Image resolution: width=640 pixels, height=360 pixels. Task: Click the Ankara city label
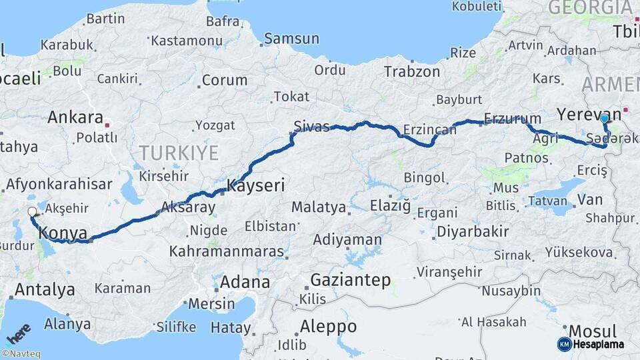pyautogui.click(x=75, y=118)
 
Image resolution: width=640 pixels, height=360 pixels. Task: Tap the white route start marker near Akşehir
pyautogui.click(x=33, y=213)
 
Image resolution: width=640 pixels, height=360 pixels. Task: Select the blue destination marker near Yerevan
pyautogui.click(x=604, y=119)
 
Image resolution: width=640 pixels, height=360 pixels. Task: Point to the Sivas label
pyautogui.click(x=311, y=127)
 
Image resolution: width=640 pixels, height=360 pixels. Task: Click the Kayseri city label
pyautogui.click(x=256, y=185)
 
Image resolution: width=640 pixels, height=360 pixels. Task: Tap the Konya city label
pyautogui.click(x=63, y=233)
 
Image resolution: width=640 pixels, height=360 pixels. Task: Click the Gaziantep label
pyautogui.click(x=351, y=280)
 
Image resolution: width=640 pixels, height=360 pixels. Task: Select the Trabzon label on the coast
pyautogui.click(x=412, y=71)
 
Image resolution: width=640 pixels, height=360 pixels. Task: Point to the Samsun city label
pyautogui.click(x=291, y=39)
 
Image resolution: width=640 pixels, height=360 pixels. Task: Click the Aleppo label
pyautogui.click(x=328, y=327)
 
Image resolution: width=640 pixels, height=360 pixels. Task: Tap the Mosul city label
pyautogui.click(x=592, y=331)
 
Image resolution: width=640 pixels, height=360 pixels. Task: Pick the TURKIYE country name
pyautogui.click(x=179, y=153)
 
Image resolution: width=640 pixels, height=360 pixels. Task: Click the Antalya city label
pyautogui.click(x=45, y=289)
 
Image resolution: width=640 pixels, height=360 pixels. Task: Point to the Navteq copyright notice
pyautogui.click(x=21, y=354)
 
